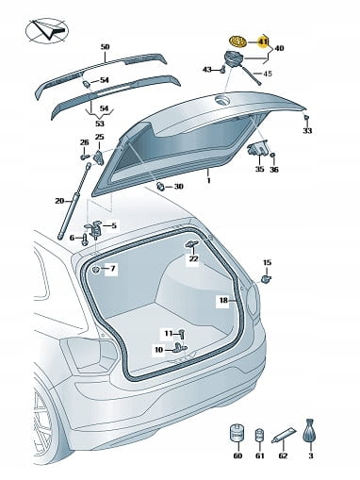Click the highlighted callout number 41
[263, 41]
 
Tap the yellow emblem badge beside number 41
[237, 41]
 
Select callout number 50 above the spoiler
[106, 47]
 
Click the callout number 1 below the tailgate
[208, 180]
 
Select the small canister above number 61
[259, 435]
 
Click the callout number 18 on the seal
[223, 300]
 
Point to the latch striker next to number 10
[179, 347]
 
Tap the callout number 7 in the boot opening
[112, 269]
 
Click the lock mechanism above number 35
[257, 149]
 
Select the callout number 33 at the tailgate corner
[307, 130]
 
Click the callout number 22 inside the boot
[193, 258]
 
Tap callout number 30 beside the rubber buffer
[178, 187]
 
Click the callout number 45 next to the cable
[268, 74]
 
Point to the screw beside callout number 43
[223, 69]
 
